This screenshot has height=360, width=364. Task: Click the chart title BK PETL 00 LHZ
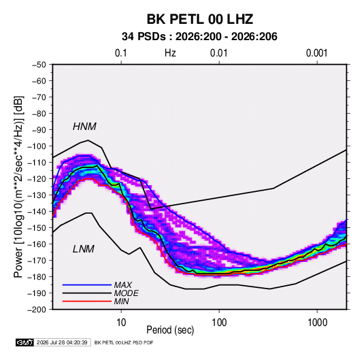click(199, 19)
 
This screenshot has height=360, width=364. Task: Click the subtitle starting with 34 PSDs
click(199, 37)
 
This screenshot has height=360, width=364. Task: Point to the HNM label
click(84, 127)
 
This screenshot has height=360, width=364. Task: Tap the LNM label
click(84, 249)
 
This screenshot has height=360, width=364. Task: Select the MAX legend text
click(122, 285)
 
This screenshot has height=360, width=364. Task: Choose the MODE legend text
click(126, 293)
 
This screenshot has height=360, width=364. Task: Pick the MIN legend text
click(121, 301)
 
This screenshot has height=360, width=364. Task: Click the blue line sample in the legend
click(87, 285)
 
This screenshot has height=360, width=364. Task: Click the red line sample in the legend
click(87, 301)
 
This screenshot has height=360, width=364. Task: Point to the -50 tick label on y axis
click(39, 65)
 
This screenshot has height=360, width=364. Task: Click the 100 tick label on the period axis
click(219, 323)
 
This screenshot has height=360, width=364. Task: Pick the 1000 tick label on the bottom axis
click(317, 323)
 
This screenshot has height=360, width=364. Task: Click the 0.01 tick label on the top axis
click(218, 53)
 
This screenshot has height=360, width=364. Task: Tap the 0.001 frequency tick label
click(316, 53)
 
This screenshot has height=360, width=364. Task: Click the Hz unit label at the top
click(170, 53)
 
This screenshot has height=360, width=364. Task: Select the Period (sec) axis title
click(170, 330)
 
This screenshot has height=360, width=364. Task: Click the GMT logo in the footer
click(25, 342)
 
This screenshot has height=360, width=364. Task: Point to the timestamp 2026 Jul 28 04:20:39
click(62, 342)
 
